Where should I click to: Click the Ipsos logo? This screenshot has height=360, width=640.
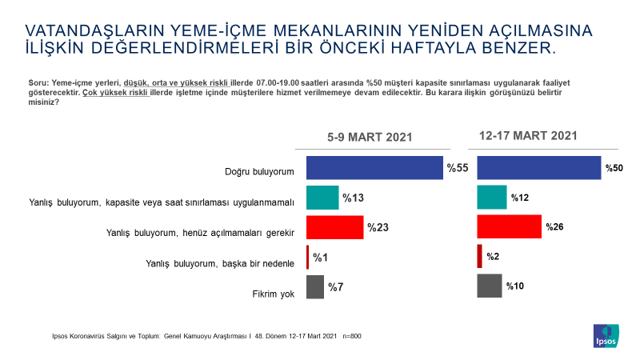pos(606,336)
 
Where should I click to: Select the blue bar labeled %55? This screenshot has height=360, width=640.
pos(374,168)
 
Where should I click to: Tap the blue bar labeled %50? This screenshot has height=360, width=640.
pos(538,168)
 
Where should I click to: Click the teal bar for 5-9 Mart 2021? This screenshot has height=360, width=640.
pos(322,198)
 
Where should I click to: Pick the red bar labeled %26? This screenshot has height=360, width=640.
pos(509,226)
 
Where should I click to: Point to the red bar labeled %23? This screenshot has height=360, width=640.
pos(334,227)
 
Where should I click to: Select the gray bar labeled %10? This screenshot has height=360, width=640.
pos(490,286)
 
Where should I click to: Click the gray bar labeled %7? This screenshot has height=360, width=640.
pos(315,287)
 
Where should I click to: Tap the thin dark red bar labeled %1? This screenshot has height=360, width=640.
pos(308,257)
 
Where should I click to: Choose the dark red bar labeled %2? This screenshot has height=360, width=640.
pos(479,256)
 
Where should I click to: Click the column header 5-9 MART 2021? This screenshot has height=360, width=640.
pos(370,137)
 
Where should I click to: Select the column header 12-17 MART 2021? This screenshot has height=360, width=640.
pos(528,135)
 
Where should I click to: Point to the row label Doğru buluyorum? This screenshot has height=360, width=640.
pos(259,172)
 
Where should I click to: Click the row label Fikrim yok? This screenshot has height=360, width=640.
pos(273,294)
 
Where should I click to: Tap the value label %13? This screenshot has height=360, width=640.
pos(353,198)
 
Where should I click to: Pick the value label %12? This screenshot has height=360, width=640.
pos(519,198)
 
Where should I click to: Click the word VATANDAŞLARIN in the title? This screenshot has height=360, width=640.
pos(94,30)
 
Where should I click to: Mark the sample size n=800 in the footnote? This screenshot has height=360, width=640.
pos(352,336)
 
